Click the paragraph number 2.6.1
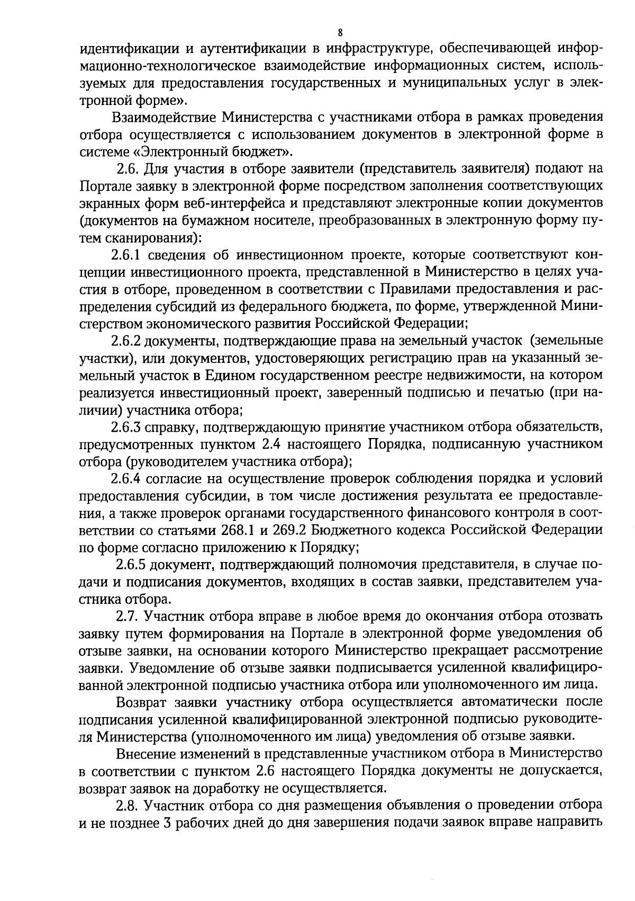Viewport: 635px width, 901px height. pos(125,255)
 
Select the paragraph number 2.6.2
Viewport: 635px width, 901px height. pos(125,341)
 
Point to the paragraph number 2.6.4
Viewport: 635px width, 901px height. pos(125,478)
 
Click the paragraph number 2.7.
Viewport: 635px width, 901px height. pos(126,616)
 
